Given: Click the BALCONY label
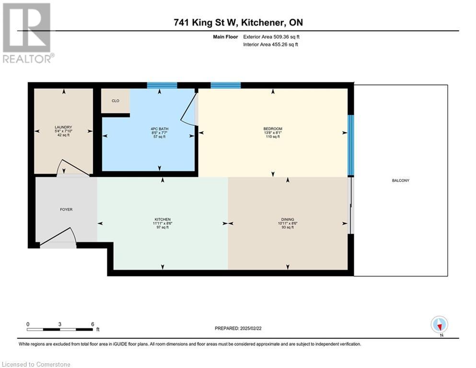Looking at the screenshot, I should pos(401,181).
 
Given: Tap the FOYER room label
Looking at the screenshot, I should pos(66,209).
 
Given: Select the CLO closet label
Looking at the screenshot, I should pos(115,101).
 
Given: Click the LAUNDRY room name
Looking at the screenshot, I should pos(63,127).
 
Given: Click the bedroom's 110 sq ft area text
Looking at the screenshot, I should pos(273,137).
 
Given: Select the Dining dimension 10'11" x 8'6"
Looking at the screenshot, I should pos(288,223).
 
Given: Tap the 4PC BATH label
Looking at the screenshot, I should pos(160,128).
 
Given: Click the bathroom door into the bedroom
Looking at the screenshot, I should pos(189,109).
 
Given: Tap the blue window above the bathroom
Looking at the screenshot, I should pos(162,85).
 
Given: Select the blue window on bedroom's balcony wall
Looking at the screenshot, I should pos(350,145).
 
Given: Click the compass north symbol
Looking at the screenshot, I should pos(439,325).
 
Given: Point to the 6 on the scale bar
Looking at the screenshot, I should pos(92,324).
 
